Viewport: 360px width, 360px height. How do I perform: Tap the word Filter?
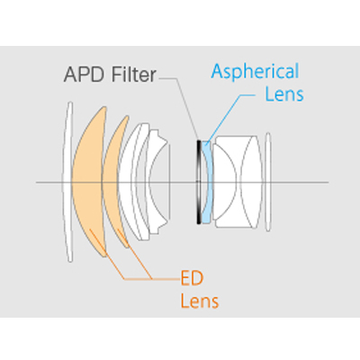point(134,74)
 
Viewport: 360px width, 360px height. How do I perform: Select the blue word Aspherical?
point(255,71)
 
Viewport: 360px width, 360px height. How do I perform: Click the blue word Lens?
point(284,94)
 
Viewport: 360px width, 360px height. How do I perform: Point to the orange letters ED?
point(192,278)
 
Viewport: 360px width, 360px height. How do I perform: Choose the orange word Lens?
point(200,301)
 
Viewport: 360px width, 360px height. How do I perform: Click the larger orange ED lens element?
point(87,182)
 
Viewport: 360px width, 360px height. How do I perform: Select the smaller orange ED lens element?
point(113,182)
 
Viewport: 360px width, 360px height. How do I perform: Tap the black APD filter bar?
point(198,182)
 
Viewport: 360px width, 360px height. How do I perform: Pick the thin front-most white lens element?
point(67,182)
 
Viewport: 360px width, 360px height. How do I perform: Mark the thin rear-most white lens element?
point(268,182)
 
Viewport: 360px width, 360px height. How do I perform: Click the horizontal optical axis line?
point(183,182)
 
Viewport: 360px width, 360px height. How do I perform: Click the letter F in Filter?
point(117,75)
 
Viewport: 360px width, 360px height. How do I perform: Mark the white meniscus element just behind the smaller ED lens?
point(127,182)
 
